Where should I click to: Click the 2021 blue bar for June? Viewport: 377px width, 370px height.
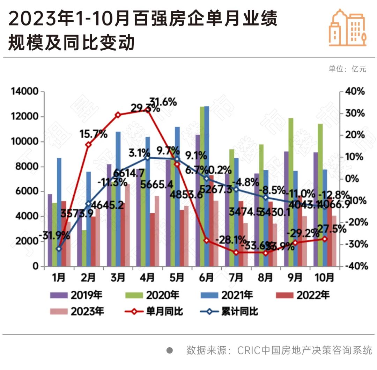207,185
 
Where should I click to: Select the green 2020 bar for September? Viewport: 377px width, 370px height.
291,192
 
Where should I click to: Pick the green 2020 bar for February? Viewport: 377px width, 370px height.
84,248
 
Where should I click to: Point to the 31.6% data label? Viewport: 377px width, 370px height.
163,102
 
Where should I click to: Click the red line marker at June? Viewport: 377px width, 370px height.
206,240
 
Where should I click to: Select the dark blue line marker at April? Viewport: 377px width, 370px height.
147,158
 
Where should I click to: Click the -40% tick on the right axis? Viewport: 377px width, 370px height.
354,266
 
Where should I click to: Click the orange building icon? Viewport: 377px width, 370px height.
348,28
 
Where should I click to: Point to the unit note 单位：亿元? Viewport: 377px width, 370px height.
347,69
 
